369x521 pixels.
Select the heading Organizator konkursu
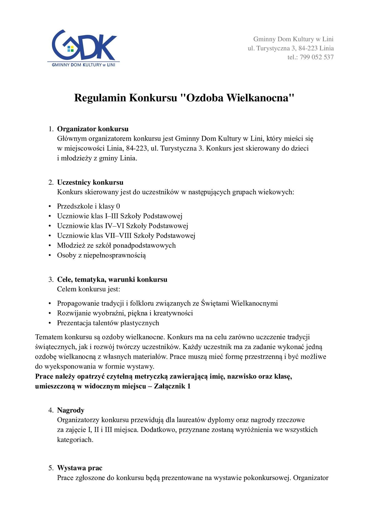(93, 129)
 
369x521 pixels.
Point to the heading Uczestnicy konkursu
(90, 182)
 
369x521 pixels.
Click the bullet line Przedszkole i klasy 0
(88, 206)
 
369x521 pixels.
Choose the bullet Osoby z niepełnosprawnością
(101, 255)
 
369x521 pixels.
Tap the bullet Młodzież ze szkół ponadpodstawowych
(116, 245)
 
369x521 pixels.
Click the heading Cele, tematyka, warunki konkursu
(112, 280)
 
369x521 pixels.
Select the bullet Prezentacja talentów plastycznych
(108, 323)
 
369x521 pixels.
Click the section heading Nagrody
(71, 410)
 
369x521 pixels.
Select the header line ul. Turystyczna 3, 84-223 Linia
(291, 48)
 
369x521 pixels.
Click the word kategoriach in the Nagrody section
(75, 440)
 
